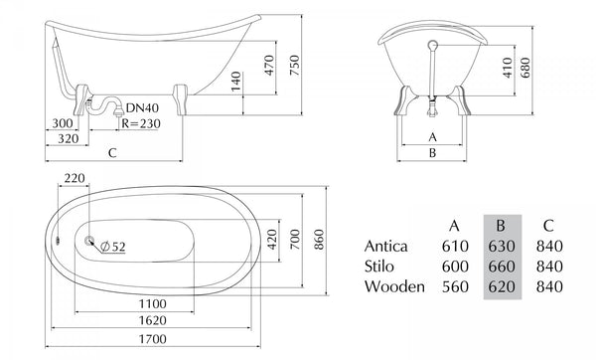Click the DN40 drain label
tap(142, 108)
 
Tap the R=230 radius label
tap(141, 123)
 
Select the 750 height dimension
tap(295, 65)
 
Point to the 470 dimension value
tap(269, 65)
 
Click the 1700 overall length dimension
tap(152, 339)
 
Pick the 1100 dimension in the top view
tap(152, 303)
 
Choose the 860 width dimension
tap(319, 240)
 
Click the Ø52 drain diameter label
tap(113, 247)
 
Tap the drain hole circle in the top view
tap(89, 241)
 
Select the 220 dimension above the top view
tap(74, 178)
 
